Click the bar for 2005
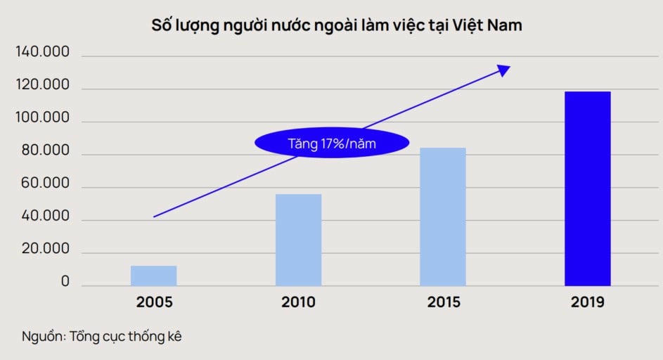pos(153,276)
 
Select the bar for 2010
pos(298,240)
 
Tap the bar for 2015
pos(443,217)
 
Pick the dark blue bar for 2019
pos(588,188)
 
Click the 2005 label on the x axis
pos(154,303)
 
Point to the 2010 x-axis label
pos(298,303)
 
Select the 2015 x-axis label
pos(443,303)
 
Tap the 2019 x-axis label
pos(588,303)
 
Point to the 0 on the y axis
pos(65,282)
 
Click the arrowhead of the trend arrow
pos(504,68)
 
